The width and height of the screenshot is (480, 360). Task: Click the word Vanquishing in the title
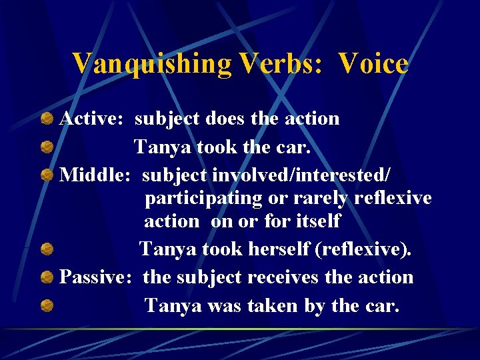(x=151, y=64)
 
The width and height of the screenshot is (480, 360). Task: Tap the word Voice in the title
(x=373, y=64)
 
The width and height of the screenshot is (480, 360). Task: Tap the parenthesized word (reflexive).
(x=366, y=249)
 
